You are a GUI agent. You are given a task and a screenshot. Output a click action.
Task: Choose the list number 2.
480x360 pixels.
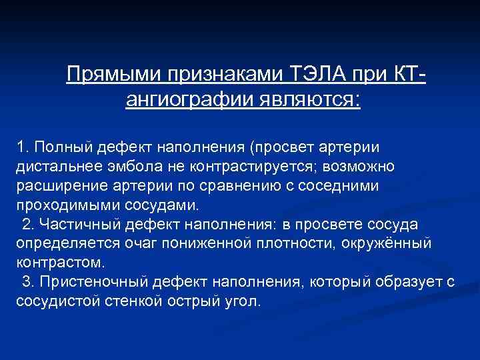point(27,223)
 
